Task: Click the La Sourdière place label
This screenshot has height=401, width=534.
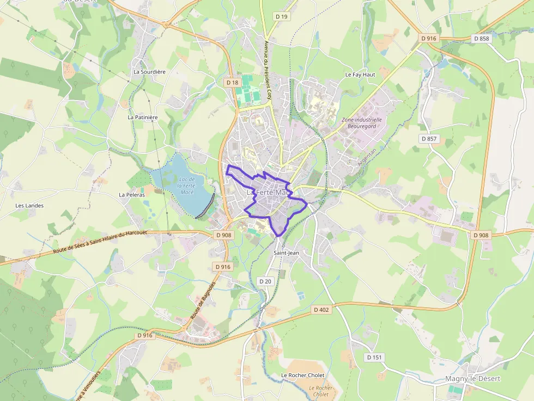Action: click(149, 71)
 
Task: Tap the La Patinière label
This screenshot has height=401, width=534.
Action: click(142, 117)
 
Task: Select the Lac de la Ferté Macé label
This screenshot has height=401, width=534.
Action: click(187, 186)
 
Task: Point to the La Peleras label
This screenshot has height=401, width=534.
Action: click(131, 194)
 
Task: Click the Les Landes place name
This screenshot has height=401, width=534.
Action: click(29, 206)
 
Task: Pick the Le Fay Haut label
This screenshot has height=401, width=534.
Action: click(360, 74)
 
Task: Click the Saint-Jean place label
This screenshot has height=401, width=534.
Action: click(286, 252)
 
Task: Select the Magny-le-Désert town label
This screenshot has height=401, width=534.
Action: click(472, 379)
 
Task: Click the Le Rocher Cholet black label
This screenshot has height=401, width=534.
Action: click(302, 375)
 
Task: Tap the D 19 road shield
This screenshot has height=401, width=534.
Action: click(281, 17)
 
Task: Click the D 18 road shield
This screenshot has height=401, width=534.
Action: click(232, 82)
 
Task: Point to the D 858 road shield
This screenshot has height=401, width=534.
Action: click(481, 38)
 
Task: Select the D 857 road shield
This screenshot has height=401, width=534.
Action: click(429, 139)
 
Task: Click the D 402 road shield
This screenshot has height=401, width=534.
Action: click(321, 310)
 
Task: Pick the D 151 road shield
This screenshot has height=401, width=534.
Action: click(374, 357)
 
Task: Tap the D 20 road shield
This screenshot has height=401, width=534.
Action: click(265, 281)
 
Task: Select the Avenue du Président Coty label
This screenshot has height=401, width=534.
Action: click(268, 66)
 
